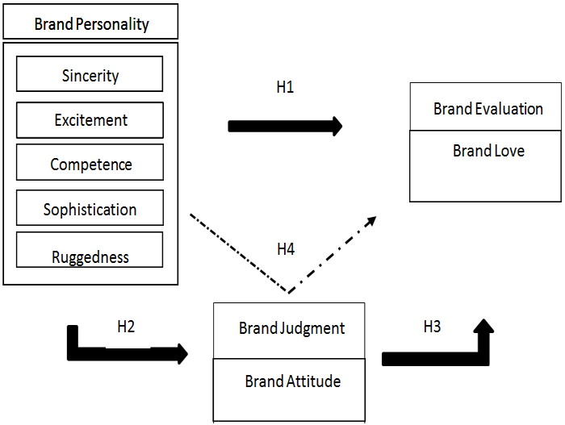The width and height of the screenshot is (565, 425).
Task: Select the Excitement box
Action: pos(90,119)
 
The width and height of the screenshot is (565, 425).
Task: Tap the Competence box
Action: pos(90,164)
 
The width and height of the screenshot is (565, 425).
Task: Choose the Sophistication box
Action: pos(90,209)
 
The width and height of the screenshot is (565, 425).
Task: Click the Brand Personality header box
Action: pos(90,23)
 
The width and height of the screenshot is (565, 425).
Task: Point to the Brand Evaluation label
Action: pos(488,108)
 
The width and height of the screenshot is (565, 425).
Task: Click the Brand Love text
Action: pos(488,151)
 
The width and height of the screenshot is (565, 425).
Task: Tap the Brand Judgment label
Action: pos(291,328)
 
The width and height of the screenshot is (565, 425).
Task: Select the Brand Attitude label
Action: pos(292,381)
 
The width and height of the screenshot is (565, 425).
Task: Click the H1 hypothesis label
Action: pos(284,88)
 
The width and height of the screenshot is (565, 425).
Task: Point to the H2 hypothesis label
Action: pos(126,327)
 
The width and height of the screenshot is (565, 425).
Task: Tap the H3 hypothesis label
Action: pos(433,327)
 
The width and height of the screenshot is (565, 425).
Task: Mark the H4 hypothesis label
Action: pos(285,250)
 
